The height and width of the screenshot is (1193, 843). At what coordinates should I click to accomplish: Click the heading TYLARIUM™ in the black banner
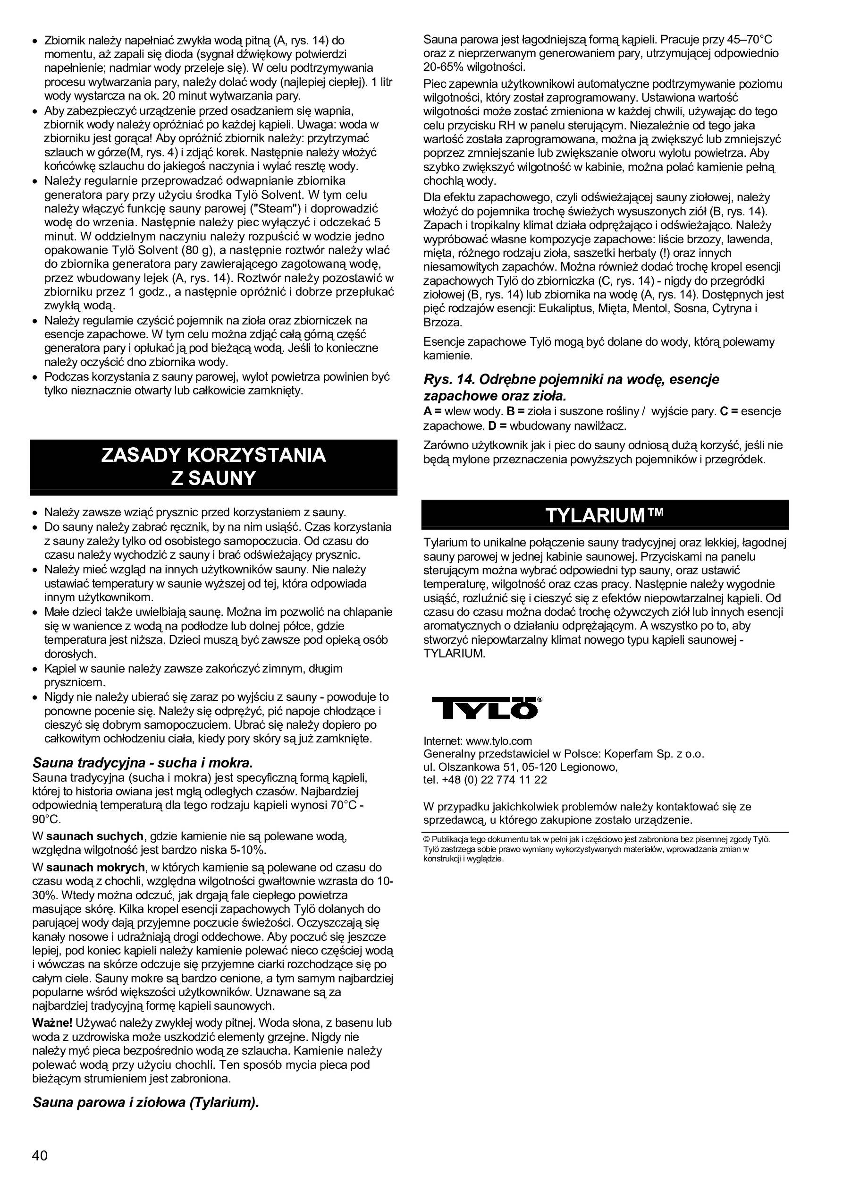[605, 515]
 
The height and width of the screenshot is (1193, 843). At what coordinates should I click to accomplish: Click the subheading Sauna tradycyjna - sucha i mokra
[143, 763]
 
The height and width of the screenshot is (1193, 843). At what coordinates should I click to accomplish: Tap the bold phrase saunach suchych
[94, 836]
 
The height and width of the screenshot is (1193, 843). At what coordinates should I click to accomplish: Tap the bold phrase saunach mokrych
[95, 867]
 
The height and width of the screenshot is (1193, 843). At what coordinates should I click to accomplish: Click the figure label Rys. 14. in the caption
[450, 379]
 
